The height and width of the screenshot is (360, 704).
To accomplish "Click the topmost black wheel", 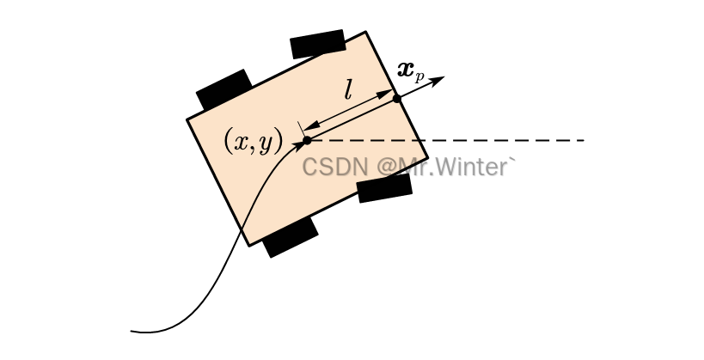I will [317, 45].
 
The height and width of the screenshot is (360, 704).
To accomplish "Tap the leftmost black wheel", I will [223, 89].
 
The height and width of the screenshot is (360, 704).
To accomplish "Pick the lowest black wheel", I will [291, 238].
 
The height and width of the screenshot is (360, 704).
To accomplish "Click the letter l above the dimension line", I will [347, 90].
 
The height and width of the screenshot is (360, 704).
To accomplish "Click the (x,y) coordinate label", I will [253, 141].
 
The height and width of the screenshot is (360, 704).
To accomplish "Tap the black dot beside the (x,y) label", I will [307, 140].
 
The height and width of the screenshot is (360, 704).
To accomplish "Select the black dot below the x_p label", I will [397, 99].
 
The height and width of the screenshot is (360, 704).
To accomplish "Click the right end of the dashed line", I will [584, 140].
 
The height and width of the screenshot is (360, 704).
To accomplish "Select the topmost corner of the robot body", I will [367, 33].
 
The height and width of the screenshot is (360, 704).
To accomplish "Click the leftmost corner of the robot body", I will [188, 119].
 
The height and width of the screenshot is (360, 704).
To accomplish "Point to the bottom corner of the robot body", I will [250, 245].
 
